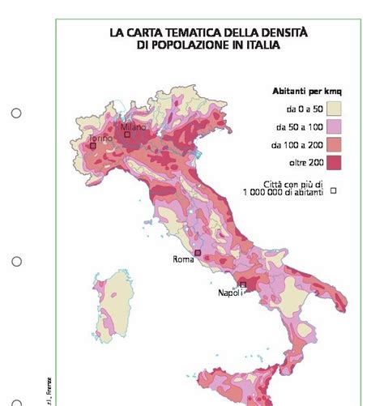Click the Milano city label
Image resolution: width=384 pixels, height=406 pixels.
(x=133, y=127)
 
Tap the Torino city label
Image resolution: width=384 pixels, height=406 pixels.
(x=100, y=139)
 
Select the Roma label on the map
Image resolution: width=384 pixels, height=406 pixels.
(x=184, y=260)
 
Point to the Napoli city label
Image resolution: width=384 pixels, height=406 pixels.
(x=231, y=293)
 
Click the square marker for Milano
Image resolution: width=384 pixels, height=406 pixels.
(x=126, y=135)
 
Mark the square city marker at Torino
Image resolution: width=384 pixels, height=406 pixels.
(x=93, y=146)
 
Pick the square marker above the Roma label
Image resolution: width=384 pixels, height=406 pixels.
(x=198, y=254)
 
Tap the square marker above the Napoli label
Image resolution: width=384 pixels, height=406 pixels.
(x=242, y=284)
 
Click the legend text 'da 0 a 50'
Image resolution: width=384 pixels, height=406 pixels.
(x=303, y=109)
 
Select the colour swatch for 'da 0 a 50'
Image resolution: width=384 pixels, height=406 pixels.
(x=335, y=109)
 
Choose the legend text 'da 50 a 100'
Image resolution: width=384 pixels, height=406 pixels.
(x=300, y=127)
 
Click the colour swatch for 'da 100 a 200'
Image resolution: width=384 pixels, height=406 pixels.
(x=335, y=145)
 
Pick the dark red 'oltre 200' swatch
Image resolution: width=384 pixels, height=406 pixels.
(x=335, y=163)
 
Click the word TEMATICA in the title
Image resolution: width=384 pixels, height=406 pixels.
(x=182, y=33)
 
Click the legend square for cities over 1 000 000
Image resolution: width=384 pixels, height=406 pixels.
(x=333, y=192)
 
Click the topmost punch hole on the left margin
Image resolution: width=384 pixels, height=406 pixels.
(x=16, y=113)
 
